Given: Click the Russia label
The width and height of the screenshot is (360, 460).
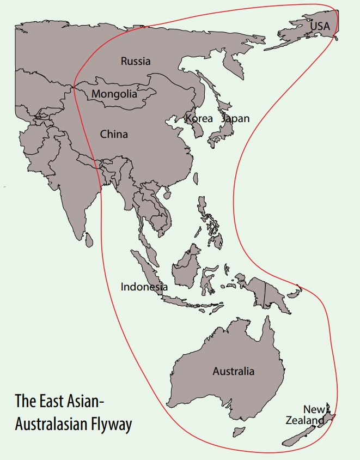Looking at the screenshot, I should (x=136, y=61).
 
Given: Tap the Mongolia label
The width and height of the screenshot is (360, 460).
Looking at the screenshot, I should (x=114, y=94).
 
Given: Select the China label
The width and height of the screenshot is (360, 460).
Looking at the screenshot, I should (x=114, y=134).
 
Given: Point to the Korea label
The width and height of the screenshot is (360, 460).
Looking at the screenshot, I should (x=199, y=118).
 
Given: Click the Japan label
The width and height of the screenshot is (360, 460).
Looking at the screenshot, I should (x=235, y=118).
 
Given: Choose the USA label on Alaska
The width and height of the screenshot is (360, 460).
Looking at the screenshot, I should (x=320, y=25).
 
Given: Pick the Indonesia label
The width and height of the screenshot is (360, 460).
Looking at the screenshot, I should (x=144, y=287).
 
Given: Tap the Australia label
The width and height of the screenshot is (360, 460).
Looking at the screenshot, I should (x=233, y=371).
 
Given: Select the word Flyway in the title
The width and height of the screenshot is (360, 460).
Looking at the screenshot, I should (x=112, y=424).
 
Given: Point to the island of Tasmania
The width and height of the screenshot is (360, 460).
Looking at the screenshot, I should (x=237, y=432).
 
